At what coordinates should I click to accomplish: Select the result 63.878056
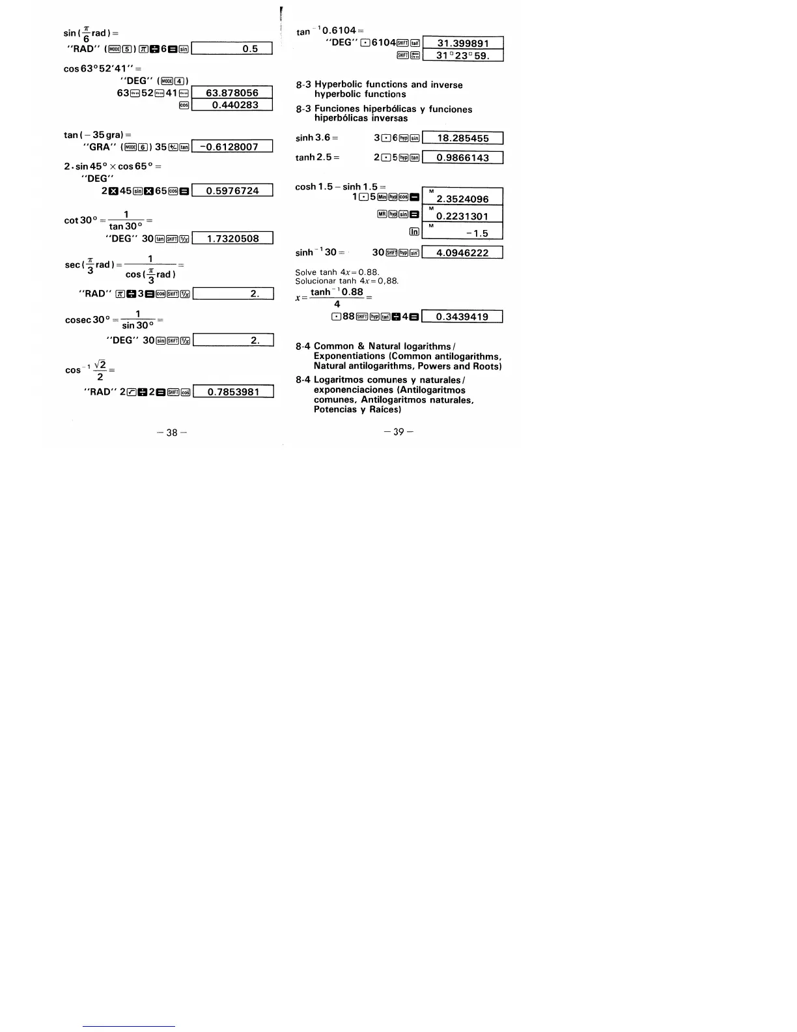click(232, 93)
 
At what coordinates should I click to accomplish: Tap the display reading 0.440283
click(232, 105)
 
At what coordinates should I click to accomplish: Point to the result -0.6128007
click(232, 147)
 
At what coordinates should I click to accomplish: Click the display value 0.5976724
click(232, 191)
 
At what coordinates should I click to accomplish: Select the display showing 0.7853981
click(232, 392)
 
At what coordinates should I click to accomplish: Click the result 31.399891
click(463, 44)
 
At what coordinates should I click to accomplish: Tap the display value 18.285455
click(463, 138)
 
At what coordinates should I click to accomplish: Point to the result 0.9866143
click(463, 158)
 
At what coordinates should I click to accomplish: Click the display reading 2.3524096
click(463, 199)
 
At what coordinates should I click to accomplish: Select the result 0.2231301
click(463, 216)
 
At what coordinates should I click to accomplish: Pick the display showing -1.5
click(463, 233)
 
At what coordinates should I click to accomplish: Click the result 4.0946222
click(463, 253)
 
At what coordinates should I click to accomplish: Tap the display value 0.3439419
click(463, 317)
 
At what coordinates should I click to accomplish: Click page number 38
click(172, 433)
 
